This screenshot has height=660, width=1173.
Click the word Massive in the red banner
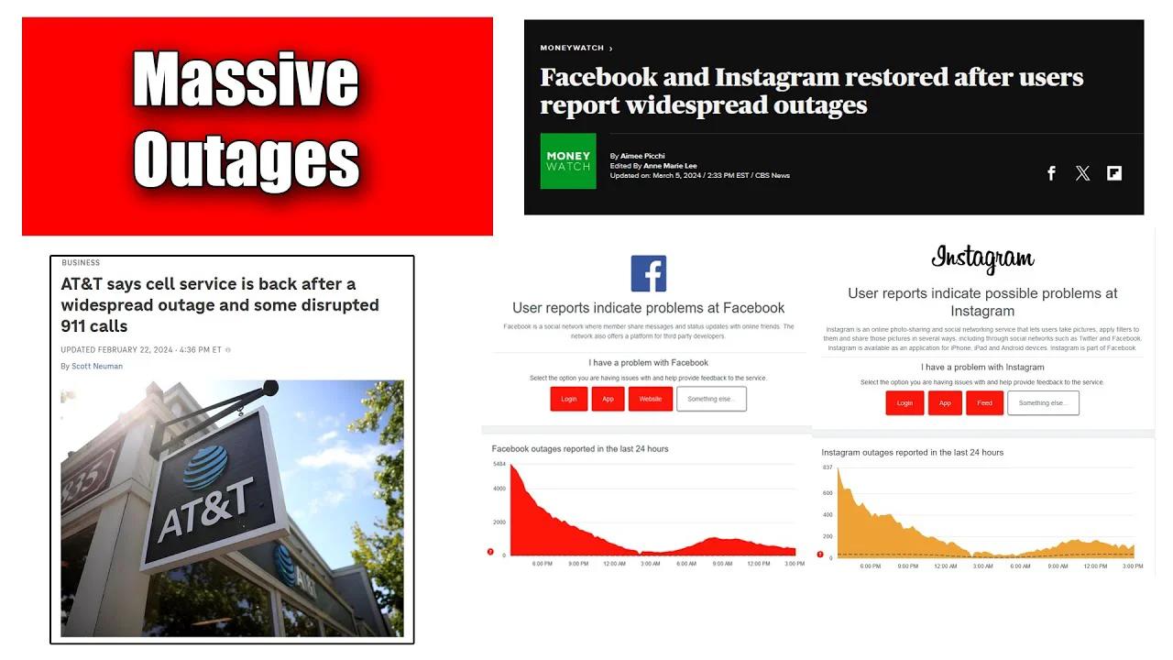pyautogui.click(x=246, y=80)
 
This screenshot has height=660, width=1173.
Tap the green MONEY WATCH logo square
pyautogui.click(x=568, y=161)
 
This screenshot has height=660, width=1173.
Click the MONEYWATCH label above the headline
pyautogui.click(x=573, y=48)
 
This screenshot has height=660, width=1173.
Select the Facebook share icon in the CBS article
pyautogui.click(x=1051, y=173)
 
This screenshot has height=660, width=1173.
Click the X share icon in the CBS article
pyautogui.click(x=1082, y=173)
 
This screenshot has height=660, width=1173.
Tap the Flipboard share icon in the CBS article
pyautogui.click(x=1114, y=173)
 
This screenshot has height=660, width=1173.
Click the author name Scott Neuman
pyautogui.click(x=97, y=367)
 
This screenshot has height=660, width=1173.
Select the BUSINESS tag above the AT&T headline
pyautogui.click(x=81, y=263)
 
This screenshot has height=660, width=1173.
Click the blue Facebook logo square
pyautogui.click(x=649, y=273)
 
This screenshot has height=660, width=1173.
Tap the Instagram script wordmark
pyautogui.click(x=982, y=259)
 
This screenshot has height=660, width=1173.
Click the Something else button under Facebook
pyautogui.click(x=711, y=399)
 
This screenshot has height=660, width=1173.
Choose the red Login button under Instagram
pyautogui.click(x=904, y=403)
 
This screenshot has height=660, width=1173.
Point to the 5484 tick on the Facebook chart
pyautogui.click(x=499, y=465)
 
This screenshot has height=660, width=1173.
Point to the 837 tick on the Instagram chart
pyautogui.click(x=828, y=467)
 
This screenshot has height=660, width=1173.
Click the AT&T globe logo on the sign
pyautogui.click(x=205, y=465)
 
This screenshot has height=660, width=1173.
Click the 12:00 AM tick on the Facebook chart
pyautogui.click(x=614, y=564)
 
